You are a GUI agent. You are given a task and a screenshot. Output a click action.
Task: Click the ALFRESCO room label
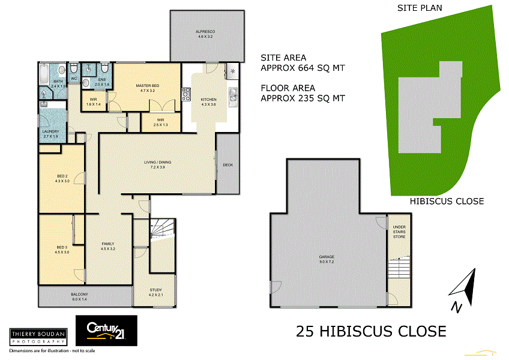205,31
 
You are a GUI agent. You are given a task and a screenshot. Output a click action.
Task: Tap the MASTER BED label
147,86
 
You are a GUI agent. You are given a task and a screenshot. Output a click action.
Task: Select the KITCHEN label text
208,100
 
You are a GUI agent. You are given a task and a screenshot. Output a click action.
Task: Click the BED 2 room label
62,176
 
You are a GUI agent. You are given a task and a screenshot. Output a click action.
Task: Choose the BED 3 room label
62,247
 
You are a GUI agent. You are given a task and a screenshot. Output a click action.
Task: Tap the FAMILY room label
108,244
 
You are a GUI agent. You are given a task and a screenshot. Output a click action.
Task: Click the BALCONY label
79,294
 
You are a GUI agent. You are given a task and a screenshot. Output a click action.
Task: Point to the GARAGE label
327,258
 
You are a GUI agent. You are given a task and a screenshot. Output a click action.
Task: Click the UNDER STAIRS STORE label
399,232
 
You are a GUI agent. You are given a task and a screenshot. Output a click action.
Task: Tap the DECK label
227,165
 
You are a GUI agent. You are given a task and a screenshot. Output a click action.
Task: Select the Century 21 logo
106,331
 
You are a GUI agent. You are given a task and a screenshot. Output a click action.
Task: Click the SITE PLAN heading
420,8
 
